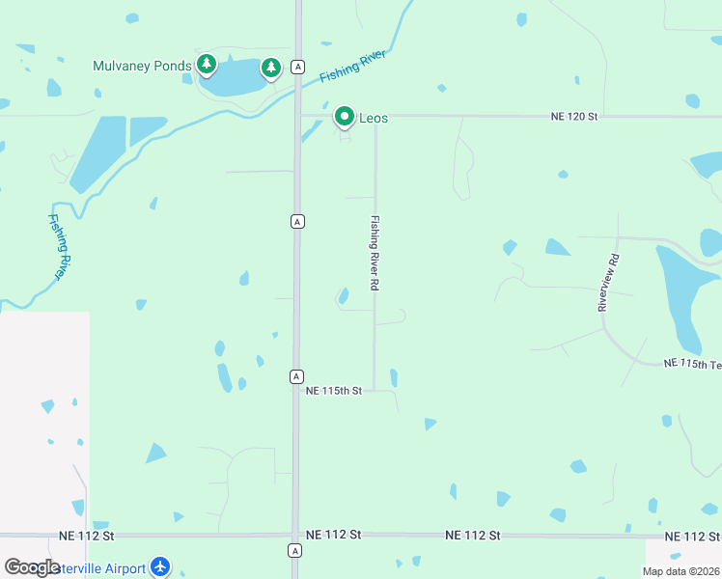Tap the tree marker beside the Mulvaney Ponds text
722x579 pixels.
[206, 64]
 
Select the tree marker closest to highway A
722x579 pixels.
[271, 67]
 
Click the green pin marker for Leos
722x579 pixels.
[345, 117]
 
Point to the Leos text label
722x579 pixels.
[374, 118]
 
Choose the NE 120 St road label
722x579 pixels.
[575, 117]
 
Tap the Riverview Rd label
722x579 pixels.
[607, 282]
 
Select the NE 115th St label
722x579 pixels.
[333, 391]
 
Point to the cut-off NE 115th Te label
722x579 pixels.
[692, 364]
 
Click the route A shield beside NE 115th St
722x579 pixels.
[296, 375]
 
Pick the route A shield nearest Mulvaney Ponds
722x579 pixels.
[299, 67]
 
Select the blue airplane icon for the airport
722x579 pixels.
[160, 567]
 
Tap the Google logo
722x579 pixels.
[32, 567]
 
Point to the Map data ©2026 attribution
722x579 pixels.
[680, 571]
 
